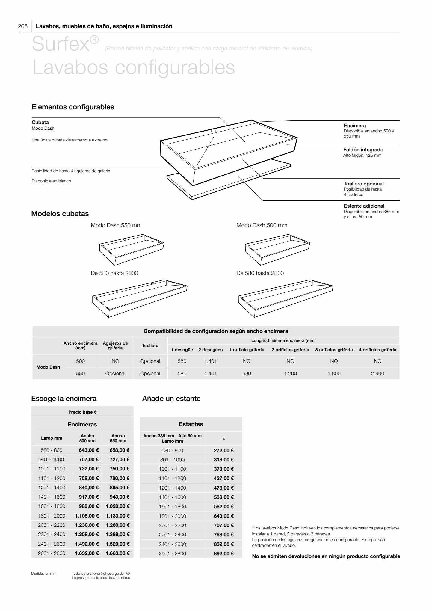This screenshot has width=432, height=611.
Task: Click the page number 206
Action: (x=23, y=26)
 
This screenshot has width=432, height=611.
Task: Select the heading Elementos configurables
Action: (x=73, y=107)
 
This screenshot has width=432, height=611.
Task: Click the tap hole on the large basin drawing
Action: (x=214, y=131)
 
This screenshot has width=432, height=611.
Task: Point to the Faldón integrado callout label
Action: (x=363, y=150)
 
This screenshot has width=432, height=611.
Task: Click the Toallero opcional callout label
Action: (x=363, y=184)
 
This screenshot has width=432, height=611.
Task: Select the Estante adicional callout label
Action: (x=364, y=206)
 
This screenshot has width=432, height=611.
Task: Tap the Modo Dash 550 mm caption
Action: (x=116, y=225)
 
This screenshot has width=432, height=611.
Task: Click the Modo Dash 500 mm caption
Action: (x=262, y=225)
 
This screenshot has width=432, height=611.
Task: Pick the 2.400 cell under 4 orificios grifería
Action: (x=377, y=373)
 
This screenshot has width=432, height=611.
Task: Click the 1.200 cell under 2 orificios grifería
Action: (x=290, y=373)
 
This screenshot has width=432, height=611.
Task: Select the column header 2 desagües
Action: (x=210, y=350)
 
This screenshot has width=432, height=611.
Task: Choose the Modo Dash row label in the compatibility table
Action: (x=48, y=367)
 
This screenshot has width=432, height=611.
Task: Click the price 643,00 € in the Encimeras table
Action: (x=89, y=450)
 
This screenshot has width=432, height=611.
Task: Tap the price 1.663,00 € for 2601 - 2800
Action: (x=117, y=553)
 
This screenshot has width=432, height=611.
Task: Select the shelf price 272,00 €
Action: (x=223, y=450)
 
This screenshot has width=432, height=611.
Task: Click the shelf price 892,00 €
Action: (x=223, y=553)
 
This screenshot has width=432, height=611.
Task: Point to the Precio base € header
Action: (x=82, y=412)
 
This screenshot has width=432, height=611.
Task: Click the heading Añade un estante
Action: (x=171, y=399)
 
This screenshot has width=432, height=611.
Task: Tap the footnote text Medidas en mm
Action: (x=44, y=574)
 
